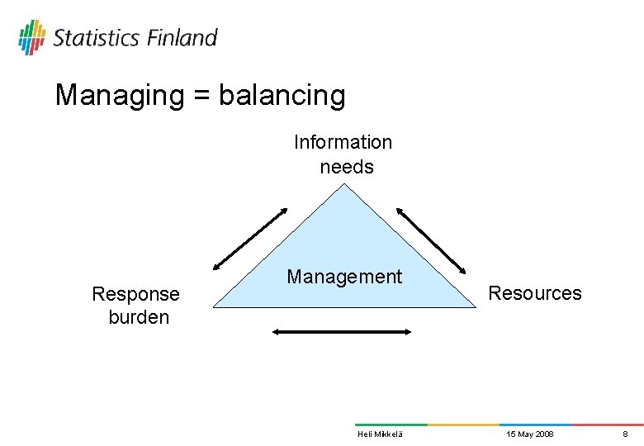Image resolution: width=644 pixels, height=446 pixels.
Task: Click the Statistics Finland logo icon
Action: (x=31, y=37)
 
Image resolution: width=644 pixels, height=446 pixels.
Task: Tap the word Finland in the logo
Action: (x=182, y=38)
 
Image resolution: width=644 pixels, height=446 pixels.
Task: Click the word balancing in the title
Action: (x=282, y=97)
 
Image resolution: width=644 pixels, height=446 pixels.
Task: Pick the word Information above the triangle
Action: (x=343, y=142)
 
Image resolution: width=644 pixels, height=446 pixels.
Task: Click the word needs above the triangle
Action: (x=347, y=167)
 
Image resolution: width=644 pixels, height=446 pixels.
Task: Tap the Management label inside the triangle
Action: (x=344, y=277)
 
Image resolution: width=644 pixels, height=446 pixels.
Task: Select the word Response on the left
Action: (x=135, y=294)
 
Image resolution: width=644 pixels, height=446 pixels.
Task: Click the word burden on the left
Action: (x=139, y=317)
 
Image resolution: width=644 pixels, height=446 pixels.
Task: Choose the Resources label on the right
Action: (x=535, y=293)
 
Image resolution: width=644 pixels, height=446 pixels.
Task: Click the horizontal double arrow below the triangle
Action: (x=342, y=332)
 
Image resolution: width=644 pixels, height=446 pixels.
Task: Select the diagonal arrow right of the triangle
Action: (x=432, y=238)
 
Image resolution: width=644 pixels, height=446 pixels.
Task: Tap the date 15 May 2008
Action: (x=530, y=434)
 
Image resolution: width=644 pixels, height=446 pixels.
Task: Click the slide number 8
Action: (x=625, y=434)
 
